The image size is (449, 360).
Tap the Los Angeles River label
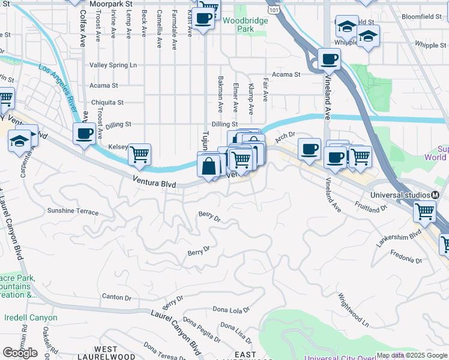point(59,91)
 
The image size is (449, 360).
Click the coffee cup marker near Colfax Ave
point(84,133)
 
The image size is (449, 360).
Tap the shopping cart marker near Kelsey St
point(139,154)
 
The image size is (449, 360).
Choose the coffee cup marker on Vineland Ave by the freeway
point(329,59)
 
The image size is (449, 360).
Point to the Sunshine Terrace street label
point(73,211)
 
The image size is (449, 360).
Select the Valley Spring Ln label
point(113,65)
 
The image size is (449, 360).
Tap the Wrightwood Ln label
point(353,310)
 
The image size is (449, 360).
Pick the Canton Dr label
point(116,297)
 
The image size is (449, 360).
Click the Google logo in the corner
point(20,353)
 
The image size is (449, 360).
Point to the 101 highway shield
point(274,11)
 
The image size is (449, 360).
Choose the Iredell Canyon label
point(31,318)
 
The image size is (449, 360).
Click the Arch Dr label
point(286,138)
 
